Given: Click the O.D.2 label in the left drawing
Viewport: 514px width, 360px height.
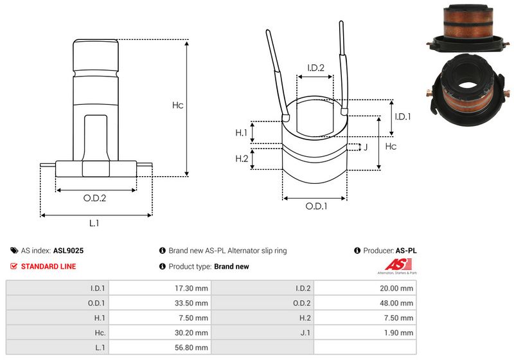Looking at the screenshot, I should coord(95,198).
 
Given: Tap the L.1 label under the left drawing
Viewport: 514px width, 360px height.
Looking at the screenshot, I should coord(94,223).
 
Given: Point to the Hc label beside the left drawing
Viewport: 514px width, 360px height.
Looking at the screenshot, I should coord(178,105).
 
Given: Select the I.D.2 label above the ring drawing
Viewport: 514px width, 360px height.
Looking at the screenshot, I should coord(315,67).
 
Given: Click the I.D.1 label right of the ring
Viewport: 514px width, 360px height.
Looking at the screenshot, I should coord(402,116).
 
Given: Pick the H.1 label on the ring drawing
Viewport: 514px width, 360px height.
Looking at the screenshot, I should coord(241,132).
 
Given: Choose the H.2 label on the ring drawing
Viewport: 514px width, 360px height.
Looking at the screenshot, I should coord(241,159).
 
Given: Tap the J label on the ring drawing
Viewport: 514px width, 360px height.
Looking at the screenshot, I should coord(365,147).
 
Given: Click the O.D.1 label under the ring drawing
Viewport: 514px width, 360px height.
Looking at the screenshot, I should coord(315,206).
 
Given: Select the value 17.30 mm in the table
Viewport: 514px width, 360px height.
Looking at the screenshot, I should coord(191,289).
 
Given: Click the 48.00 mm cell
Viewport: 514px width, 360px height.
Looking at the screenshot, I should coord(397,303).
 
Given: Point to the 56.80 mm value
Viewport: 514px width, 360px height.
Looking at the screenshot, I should coord(191,347).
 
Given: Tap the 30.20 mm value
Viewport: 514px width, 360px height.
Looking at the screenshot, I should coord(191,332).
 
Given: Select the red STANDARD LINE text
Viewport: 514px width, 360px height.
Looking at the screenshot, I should coord(48,266).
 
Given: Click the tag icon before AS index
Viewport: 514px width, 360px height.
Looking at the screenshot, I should coord(14,251).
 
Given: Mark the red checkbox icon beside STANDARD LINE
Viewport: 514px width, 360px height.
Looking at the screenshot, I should coord(14,266).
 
